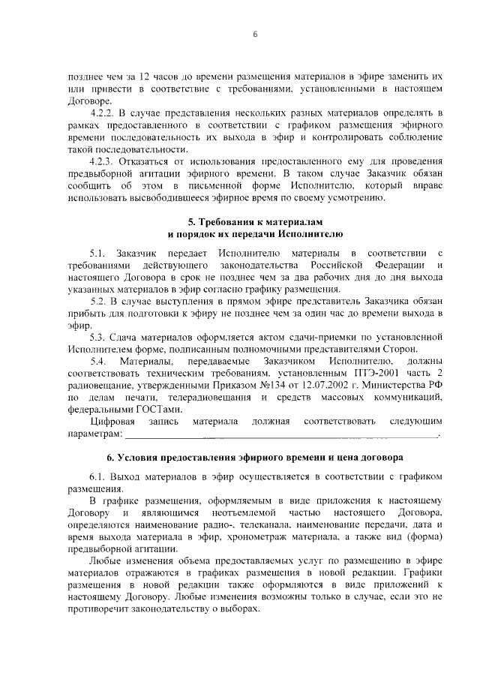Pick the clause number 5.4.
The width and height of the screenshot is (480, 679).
100,363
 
